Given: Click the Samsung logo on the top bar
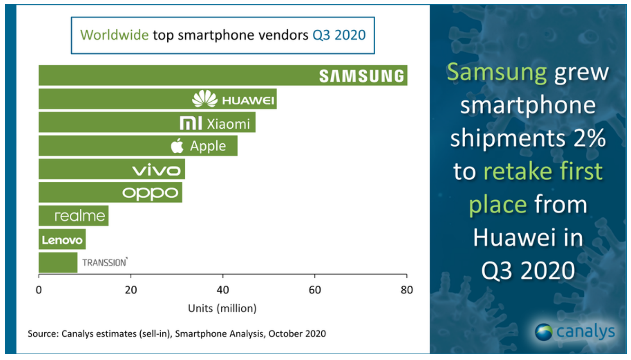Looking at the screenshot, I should (x=361, y=76).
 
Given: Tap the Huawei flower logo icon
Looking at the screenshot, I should (x=204, y=99).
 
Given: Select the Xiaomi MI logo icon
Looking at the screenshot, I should (x=191, y=123).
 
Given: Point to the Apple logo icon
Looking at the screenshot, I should (x=177, y=146).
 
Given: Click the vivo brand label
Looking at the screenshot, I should (x=156, y=170).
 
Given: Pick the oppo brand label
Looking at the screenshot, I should (x=150, y=193).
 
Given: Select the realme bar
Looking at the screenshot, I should (x=73, y=216).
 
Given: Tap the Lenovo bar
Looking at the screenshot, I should (x=62, y=240).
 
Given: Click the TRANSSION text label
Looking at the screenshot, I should (x=104, y=262).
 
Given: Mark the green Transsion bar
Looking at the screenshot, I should (x=58, y=263).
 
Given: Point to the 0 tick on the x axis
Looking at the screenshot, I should (x=39, y=290).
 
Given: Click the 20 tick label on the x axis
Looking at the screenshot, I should (x=131, y=290).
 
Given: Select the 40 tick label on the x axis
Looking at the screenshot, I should (x=223, y=290).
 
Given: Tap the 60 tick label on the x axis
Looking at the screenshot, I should (x=315, y=290).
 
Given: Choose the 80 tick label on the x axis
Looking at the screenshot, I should (x=407, y=290).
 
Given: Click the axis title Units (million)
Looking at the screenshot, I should (x=222, y=308).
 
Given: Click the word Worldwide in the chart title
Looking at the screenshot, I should (x=114, y=35).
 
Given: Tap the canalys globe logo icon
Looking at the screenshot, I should (x=543, y=332).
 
